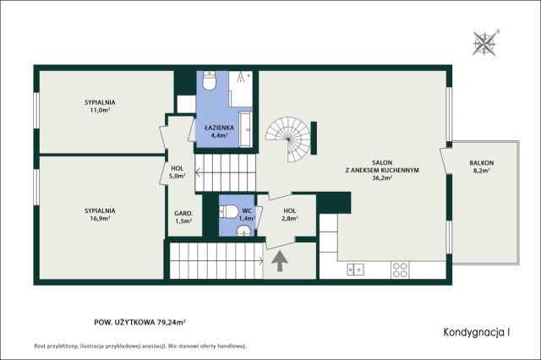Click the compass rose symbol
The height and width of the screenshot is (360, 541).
click(x=484, y=43)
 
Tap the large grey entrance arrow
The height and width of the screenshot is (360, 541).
click(x=280, y=261)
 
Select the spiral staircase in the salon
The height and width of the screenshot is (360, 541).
click(x=288, y=139)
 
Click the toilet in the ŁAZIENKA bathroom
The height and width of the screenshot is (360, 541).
click(x=209, y=80)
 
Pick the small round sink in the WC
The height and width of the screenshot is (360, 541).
click(x=244, y=231)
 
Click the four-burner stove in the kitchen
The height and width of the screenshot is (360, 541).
click(x=400, y=270)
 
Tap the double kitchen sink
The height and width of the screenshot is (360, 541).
click(x=355, y=270)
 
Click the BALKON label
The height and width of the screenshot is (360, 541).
click(x=481, y=163)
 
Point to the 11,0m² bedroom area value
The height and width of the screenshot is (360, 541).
click(x=100, y=111)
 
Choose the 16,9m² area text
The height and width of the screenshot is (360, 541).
click(x=100, y=218)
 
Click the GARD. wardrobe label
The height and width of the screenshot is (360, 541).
click(x=183, y=213)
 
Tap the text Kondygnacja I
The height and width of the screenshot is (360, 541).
click(x=477, y=332)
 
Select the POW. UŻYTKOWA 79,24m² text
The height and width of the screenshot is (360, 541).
click(x=140, y=323)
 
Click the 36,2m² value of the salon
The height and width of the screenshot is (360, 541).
click(x=382, y=178)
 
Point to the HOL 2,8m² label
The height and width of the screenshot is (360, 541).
click(x=290, y=214)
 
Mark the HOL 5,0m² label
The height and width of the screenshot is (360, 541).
click(x=178, y=172)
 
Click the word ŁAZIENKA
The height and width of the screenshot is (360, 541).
click(x=219, y=128)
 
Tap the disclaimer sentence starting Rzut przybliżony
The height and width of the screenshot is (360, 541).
click(x=139, y=346)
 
